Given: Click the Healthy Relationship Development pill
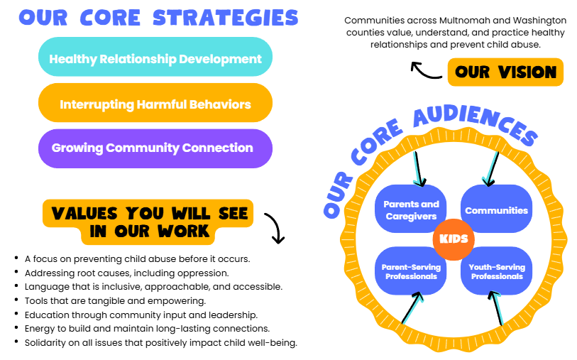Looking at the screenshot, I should click(x=155, y=58).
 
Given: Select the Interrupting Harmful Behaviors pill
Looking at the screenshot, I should click(x=155, y=104).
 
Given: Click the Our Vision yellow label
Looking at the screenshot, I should click(x=505, y=72).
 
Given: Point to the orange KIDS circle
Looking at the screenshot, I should click(x=454, y=238).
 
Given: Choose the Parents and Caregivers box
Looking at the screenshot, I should click(x=411, y=209).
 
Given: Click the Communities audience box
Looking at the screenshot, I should click(x=496, y=209).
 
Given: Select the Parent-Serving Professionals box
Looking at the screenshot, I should click(x=411, y=271).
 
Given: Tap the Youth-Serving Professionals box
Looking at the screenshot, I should click(x=496, y=271).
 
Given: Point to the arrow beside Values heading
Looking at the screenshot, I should click(x=274, y=227).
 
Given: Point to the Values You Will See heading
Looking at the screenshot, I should click(x=149, y=221).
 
